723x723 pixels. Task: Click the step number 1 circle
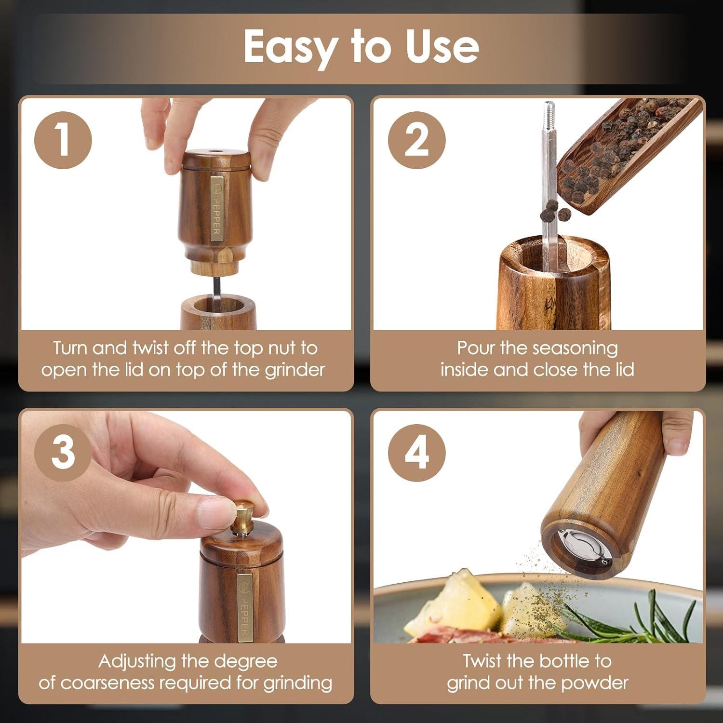[63, 140]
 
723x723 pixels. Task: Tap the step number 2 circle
[416, 140]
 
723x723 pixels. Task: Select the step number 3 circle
[63, 453]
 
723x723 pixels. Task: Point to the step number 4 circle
[416, 453]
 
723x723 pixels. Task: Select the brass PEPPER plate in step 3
[244, 607]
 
